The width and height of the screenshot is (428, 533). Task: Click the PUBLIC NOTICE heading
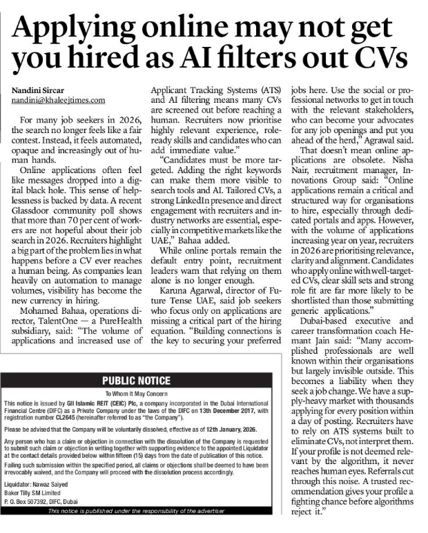point(136,381)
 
